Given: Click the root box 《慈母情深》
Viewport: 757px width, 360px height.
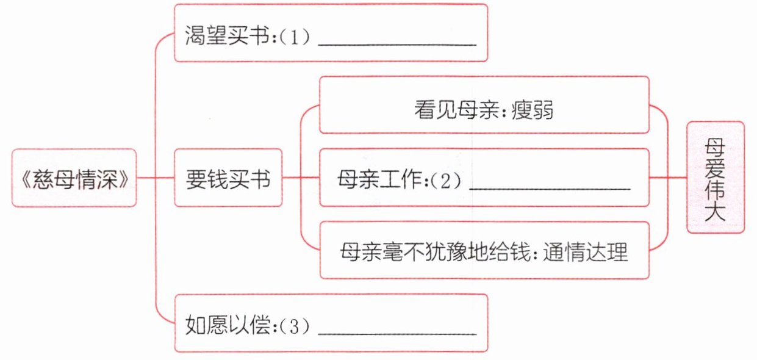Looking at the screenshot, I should coord(73,178).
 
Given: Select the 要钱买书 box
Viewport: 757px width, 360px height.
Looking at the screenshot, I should coord(228,178).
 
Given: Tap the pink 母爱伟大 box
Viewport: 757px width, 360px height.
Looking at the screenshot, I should coord(716,177).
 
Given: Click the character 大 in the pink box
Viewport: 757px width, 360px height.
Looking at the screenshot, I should coord(716,214).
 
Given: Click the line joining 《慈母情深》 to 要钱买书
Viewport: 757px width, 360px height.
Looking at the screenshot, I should coord(156,178).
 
